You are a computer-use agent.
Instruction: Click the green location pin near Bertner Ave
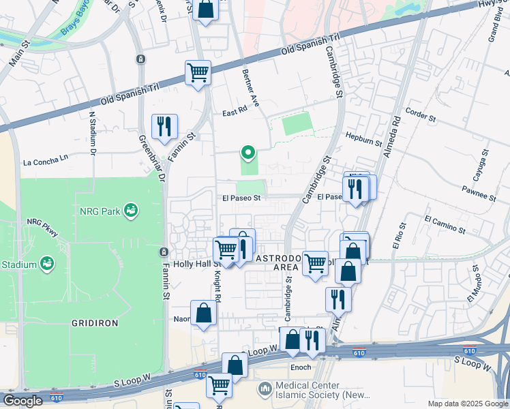[x=249, y=153]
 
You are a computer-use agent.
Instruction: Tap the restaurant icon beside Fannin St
[x=164, y=127]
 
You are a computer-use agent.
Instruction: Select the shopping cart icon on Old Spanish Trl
[x=198, y=72]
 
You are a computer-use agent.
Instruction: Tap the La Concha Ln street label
[x=46, y=162]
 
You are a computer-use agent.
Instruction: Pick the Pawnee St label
[x=477, y=192]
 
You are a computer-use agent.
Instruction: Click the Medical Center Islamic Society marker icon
[x=265, y=389]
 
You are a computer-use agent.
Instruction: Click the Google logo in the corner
[x=23, y=401]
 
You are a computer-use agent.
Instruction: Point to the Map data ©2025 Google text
[x=467, y=404]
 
